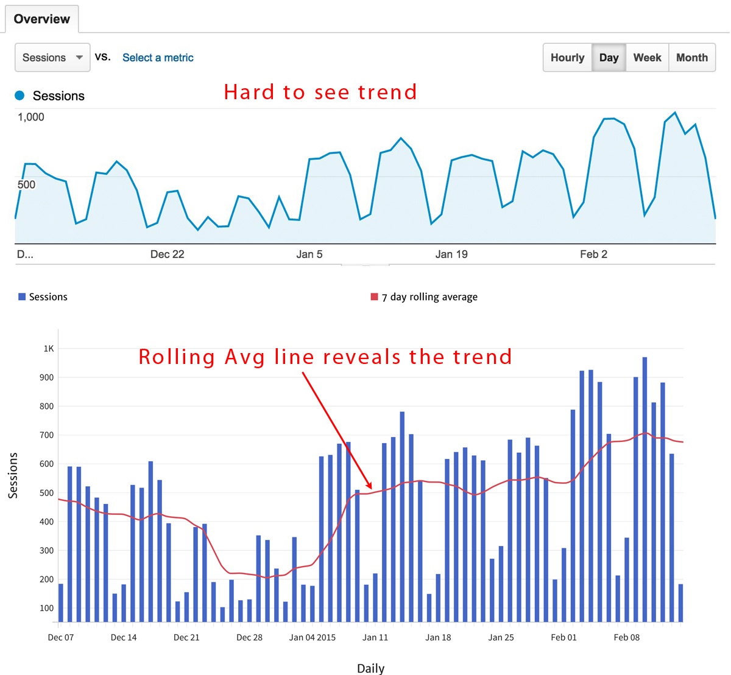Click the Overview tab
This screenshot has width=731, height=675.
tap(41, 19)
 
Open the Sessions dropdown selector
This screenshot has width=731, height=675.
tap(52, 58)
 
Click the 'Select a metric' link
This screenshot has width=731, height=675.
tap(158, 58)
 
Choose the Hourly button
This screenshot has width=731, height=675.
tap(567, 58)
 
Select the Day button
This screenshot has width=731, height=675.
tap(609, 58)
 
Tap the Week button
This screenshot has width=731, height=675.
tap(647, 58)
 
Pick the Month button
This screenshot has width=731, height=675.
tap(692, 58)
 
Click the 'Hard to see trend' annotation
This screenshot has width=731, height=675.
tap(320, 92)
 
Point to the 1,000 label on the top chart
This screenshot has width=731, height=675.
tap(30, 117)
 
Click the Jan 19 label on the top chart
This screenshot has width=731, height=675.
tap(451, 254)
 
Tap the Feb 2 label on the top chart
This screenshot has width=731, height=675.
tap(593, 254)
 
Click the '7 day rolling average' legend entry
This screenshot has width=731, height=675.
tap(429, 297)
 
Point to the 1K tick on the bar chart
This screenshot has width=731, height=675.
tap(49, 349)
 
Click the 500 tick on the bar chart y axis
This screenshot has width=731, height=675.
tap(47, 493)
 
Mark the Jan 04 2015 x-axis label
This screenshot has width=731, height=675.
tap(312, 637)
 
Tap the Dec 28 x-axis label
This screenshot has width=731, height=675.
tap(249, 637)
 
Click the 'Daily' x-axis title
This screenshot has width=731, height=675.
tap(370, 668)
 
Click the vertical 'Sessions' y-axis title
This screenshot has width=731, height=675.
tap(13, 476)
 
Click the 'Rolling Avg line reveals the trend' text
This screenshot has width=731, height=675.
tap(325, 357)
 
